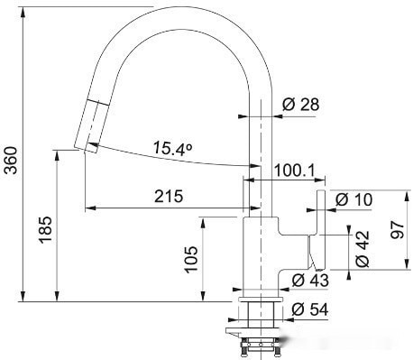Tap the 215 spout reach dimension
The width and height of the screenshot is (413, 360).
168,196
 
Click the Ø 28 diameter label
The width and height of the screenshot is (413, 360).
300,106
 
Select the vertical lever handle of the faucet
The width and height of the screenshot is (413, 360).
319,226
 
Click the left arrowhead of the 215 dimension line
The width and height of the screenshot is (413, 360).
87,209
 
